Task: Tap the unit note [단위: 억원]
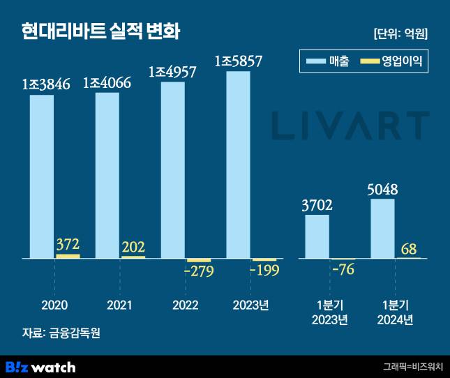tap(400, 33)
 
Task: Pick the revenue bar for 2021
tap(107, 174)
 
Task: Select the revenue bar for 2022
tap(172, 170)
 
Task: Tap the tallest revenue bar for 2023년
tap(238, 165)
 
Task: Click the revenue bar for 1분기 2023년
tap(317, 236)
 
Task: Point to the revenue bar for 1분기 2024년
tap(382, 228)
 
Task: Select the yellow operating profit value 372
tap(68, 245)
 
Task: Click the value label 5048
tap(386, 189)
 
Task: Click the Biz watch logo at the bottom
tap(40, 366)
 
